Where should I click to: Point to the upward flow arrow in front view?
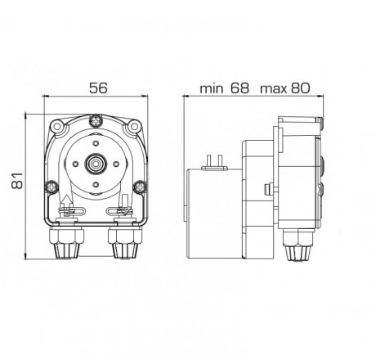65,201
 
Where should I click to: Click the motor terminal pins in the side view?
217,160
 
